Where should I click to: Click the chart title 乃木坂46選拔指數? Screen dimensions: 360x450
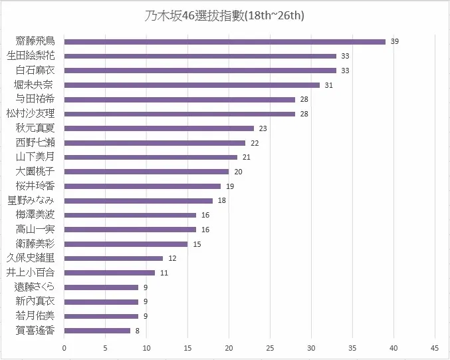[225, 15]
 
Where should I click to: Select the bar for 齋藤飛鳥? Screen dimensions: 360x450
[225, 41]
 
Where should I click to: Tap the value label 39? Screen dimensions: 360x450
[395, 41]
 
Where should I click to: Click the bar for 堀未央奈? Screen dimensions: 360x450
[192, 85]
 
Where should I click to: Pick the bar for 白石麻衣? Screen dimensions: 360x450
[200, 70]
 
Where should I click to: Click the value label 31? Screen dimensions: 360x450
[328, 85]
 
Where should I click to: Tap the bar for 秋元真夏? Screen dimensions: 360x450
[159, 128]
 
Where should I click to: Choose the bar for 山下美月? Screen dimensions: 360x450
[151, 157]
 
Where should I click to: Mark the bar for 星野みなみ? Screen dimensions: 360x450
[138, 200]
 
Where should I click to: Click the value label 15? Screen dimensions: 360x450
[197, 244]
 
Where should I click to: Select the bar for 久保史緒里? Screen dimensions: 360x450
[114, 258]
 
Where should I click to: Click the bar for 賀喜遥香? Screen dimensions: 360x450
[97, 330]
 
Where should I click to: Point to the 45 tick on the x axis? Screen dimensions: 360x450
[435, 347]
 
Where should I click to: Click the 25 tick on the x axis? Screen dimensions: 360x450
[270, 347]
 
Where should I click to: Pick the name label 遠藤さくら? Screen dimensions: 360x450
[39, 287]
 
